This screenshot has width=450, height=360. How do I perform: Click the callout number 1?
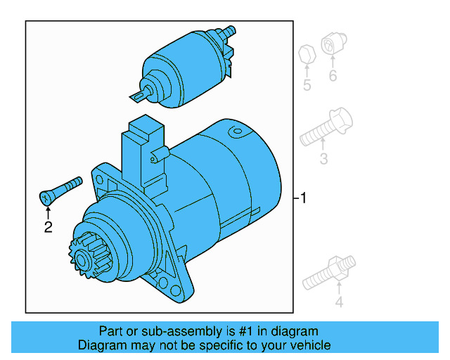302,198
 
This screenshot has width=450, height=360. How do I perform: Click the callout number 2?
48,226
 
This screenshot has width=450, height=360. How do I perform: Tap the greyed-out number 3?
323,159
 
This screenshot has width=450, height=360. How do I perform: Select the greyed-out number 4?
338,302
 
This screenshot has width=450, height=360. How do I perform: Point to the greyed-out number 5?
307,86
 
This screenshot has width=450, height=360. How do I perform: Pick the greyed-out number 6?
333,76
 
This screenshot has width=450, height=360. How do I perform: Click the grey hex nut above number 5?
306,54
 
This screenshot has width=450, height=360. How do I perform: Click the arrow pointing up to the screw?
48,209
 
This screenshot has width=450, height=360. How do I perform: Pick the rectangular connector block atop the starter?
143,141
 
